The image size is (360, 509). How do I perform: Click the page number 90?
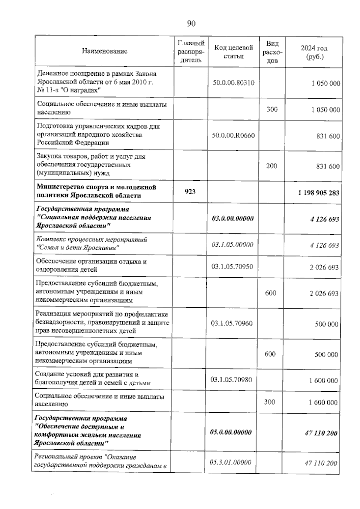pos(191,23)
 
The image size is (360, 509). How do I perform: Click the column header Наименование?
pos(104,51)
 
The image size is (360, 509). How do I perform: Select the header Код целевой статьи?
pos(233,52)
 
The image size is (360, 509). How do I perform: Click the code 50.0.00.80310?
pos(233,83)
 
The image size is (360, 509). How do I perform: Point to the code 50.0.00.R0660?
pos(233,136)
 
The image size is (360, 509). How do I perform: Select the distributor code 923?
pos(190,191)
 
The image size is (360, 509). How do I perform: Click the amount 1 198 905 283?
pos(319,192)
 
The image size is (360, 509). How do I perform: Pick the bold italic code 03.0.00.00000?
pos(232,218)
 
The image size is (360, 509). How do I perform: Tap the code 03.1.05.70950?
pos(232,267)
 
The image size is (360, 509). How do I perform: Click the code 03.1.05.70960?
pos(232,323)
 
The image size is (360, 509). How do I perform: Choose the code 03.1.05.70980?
pos(231,380)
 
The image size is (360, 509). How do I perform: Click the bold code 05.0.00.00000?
pos(230,432)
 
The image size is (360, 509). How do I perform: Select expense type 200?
pos(271,166)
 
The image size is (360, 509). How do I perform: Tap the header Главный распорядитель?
pos(191,52)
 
